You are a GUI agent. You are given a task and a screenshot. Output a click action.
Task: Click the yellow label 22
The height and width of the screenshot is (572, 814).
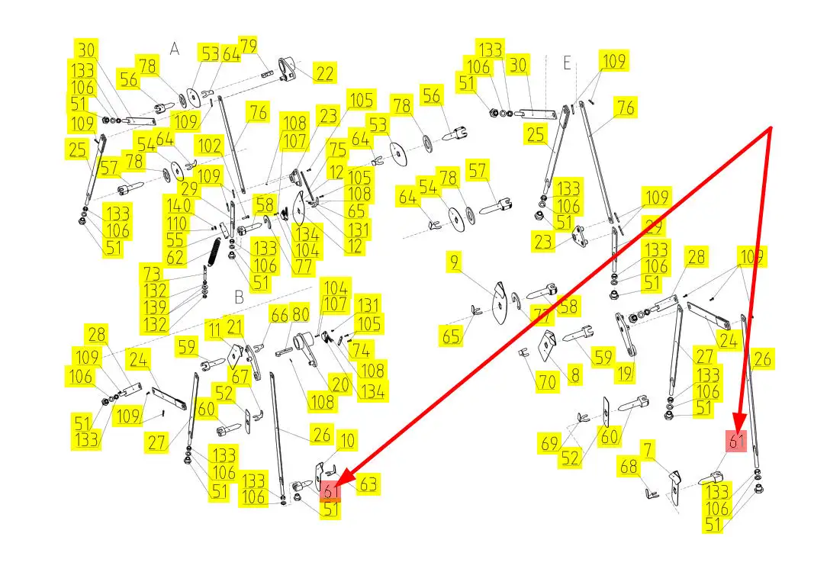[324, 74]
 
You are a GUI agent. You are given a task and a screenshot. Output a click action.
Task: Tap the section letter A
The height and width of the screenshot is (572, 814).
[175, 49]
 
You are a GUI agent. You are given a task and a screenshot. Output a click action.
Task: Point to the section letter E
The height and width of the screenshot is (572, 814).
[567, 63]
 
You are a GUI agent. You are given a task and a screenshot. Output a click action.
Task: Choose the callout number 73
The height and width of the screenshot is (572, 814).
[153, 273]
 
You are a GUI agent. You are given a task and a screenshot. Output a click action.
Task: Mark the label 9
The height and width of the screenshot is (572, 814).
[455, 263]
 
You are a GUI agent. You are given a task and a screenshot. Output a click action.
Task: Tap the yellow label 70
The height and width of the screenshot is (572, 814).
[546, 381]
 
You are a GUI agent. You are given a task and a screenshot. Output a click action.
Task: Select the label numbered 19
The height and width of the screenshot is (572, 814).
[626, 373]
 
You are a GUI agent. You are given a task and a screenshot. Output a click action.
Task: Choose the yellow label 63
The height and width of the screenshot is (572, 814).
[368, 484]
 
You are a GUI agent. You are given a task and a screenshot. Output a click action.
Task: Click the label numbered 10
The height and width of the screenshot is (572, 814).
[347, 440]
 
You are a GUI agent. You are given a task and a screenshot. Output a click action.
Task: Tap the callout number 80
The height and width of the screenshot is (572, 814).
[301, 314]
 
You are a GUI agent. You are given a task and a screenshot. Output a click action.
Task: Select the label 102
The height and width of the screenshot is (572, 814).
[210, 145]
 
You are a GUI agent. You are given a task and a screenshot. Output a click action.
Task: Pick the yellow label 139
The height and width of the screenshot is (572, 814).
[155, 307]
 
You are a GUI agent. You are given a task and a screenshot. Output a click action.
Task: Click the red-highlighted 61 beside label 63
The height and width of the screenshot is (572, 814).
[330, 491]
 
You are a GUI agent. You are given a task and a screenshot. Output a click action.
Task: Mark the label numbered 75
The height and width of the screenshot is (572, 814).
[337, 149]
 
